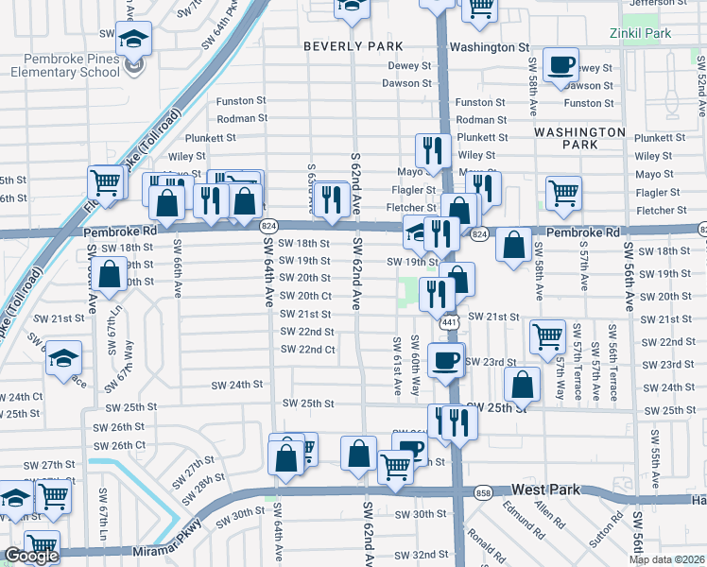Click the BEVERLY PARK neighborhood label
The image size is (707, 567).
(x=353, y=46)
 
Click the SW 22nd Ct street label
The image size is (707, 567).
(x=306, y=350)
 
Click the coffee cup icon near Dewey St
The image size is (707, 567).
(x=561, y=63)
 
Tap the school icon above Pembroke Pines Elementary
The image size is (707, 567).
(x=133, y=41)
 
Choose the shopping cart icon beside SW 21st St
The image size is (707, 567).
(x=547, y=335)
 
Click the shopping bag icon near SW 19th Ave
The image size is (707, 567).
(x=111, y=274)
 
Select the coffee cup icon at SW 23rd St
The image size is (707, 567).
(x=446, y=359)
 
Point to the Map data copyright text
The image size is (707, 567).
(x=666, y=559)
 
